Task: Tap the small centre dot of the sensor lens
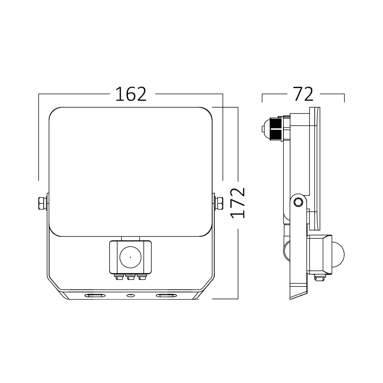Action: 130,257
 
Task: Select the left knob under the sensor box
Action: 118,277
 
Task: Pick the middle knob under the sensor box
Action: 130,277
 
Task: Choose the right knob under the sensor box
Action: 142,277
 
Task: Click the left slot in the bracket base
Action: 94,296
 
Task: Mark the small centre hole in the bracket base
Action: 130,296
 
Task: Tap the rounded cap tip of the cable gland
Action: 264,129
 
